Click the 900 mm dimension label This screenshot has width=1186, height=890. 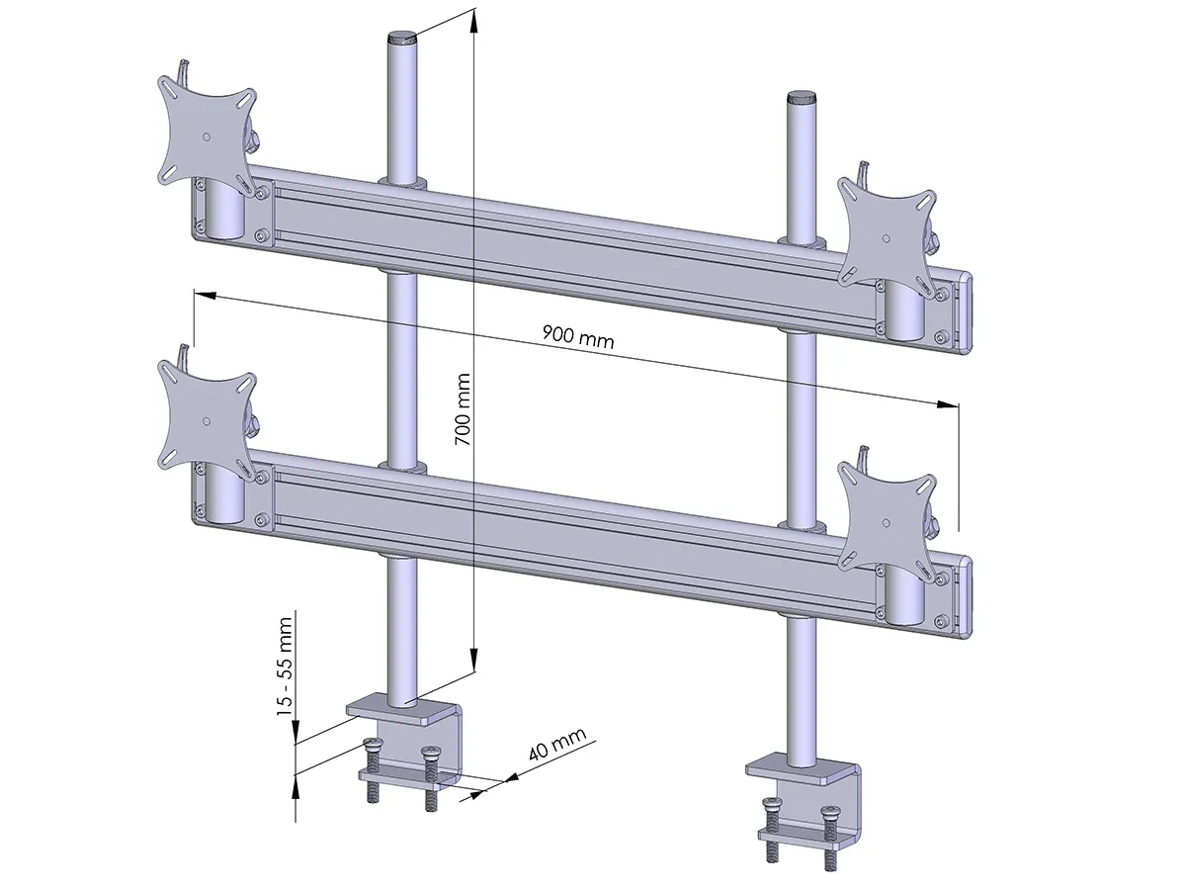click(578, 337)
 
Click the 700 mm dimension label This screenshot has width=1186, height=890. click(463, 409)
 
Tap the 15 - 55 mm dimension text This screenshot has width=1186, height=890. click(285, 667)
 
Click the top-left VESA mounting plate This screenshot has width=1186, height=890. click(206, 136)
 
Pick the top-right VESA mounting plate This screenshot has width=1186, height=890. click(886, 237)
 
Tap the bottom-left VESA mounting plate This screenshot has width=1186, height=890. click(206, 420)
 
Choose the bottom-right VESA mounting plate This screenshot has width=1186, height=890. click(886, 522)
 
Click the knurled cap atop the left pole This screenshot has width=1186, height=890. click(402, 39)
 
